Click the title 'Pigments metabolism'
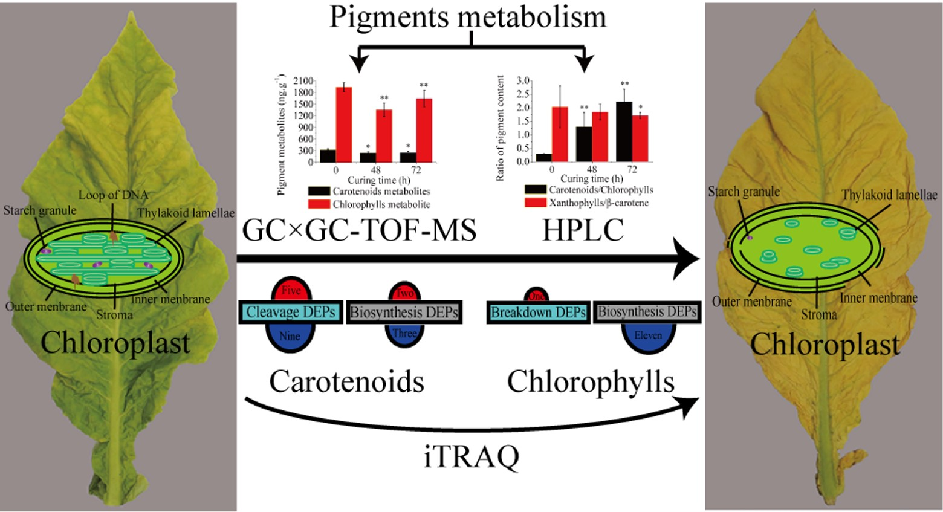point(468,16)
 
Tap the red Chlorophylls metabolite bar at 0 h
point(344,125)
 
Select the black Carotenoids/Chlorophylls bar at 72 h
point(624,131)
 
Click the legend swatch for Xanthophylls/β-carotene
point(535,203)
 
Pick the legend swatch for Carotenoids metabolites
point(319,192)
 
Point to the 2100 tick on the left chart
point(303,81)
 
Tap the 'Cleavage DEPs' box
point(291,312)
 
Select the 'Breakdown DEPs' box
point(538,313)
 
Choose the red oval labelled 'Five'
point(291,290)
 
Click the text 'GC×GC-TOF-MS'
point(359,230)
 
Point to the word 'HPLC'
point(583,230)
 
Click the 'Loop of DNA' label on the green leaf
point(113,195)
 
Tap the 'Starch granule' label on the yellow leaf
point(744,192)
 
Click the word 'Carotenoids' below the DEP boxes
point(346,382)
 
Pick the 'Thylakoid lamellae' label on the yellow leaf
point(889,195)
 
